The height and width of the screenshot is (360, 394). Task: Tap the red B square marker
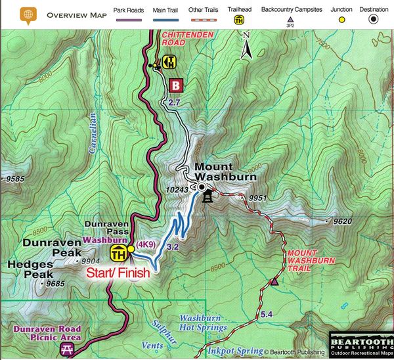pyautogui.click(x=175, y=85)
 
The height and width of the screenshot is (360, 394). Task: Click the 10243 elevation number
pyautogui.click(x=179, y=190)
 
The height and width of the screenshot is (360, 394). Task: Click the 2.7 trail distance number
pyautogui.click(x=174, y=103)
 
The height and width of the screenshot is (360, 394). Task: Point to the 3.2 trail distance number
pyautogui.click(x=173, y=247)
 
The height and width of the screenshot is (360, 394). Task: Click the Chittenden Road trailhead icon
pyautogui.click(x=169, y=62)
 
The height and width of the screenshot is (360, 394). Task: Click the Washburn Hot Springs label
pyautogui.click(x=203, y=322)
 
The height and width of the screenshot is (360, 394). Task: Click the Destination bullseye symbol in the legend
pyautogui.click(x=374, y=20)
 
